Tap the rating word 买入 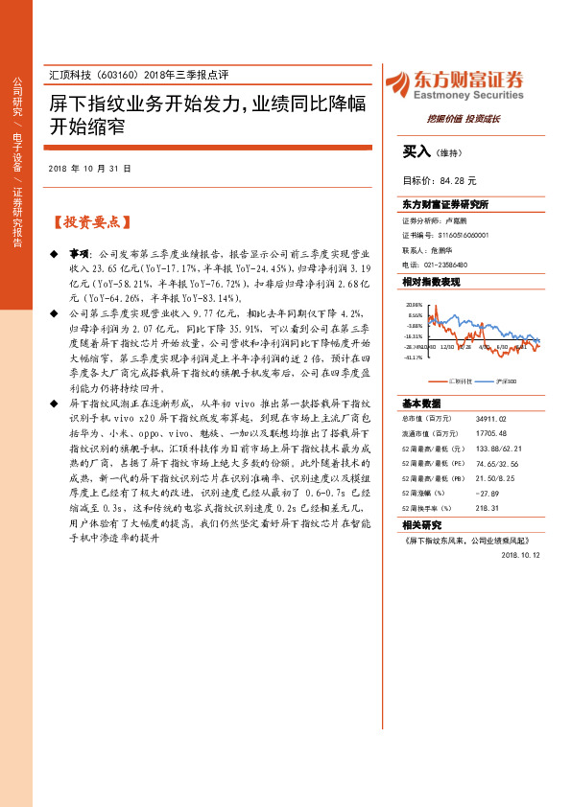(x=416, y=151)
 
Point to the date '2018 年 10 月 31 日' (x=88, y=168)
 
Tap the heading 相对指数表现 (x=431, y=282)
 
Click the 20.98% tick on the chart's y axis (x=415, y=304)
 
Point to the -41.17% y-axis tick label (x=414, y=357)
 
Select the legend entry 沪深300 (x=505, y=380)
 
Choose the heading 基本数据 (x=421, y=403)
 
